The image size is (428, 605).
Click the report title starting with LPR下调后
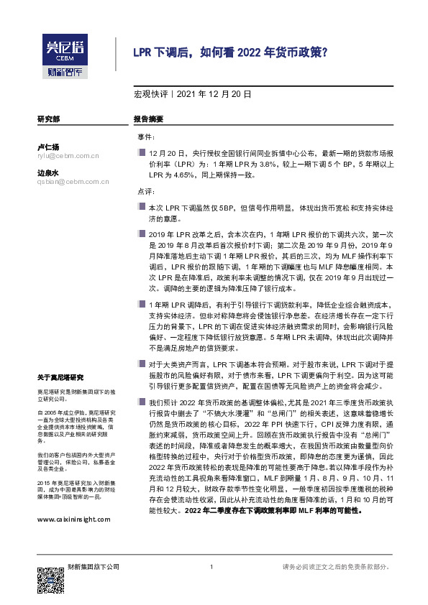[231, 52]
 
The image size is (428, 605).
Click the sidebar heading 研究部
[48, 119]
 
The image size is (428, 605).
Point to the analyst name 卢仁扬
[48, 147]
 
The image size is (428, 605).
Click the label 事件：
[146, 137]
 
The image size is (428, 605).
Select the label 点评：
[146, 192]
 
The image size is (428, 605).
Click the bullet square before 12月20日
[142, 153]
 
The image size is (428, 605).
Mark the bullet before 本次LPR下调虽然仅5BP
[142, 207]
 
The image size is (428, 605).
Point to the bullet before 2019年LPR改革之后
[142, 234]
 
